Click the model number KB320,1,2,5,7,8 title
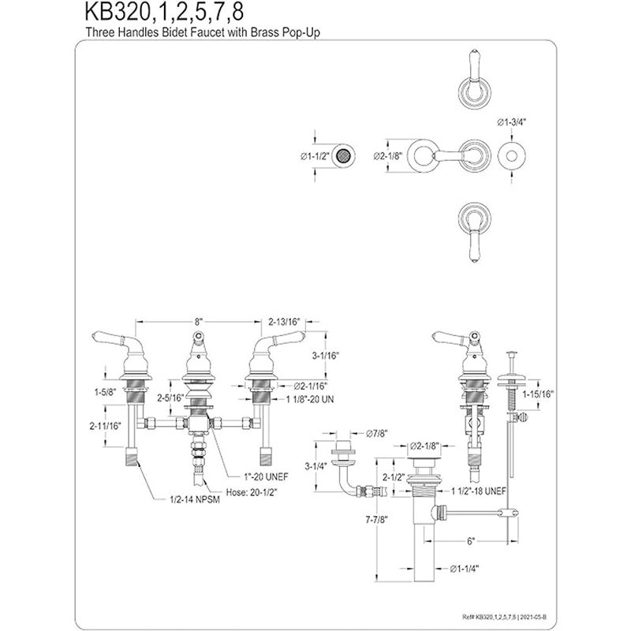coord(164,12)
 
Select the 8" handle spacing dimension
coord(198,322)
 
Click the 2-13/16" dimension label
coord(285,322)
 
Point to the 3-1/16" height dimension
coord(326,356)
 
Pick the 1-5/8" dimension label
coord(106,391)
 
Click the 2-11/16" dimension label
coord(105,426)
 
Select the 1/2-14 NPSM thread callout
coord(194,500)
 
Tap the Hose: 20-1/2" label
coord(252,491)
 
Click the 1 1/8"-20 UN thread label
coord(310,399)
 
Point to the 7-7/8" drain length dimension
coord(376,520)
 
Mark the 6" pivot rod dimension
coord(471,541)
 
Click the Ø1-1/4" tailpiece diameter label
coord(465,569)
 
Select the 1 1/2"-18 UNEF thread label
coord(479,491)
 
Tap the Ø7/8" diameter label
coord(376,433)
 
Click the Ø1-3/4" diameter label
coord(511,122)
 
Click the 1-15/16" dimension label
coord(538,394)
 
